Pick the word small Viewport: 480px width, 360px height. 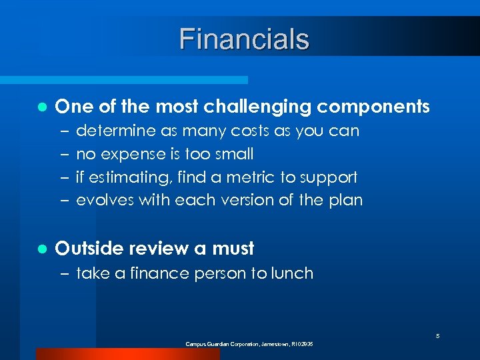tap(233, 154)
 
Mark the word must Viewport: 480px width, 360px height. tap(233, 249)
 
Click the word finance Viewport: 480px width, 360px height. tap(165, 273)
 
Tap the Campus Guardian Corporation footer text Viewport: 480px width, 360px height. tap(249, 344)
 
